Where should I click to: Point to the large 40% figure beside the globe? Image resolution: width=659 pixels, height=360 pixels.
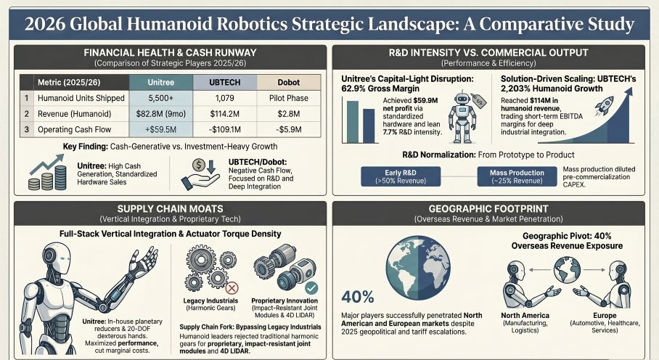click(358, 298)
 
